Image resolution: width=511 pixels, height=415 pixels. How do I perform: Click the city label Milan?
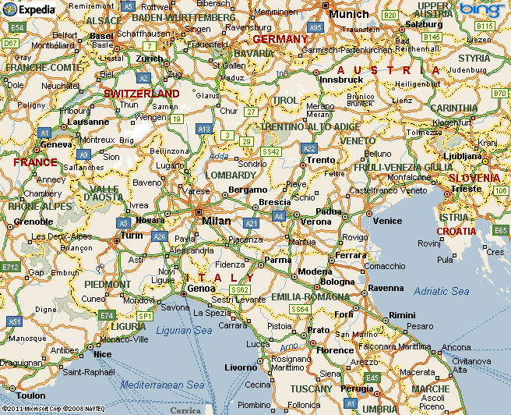tap(217, 221)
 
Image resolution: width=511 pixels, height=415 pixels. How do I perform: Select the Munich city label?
tap(349, 14)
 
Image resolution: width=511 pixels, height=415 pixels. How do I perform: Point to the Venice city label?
tap(387, 221)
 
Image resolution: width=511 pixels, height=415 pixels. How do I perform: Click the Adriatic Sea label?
tap(442, 291)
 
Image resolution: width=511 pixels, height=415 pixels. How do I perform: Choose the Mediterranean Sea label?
tap(162, 385)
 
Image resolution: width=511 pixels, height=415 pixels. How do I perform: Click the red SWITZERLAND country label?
tap(142, 94)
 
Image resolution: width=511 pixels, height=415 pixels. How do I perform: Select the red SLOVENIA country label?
tap(474, 178)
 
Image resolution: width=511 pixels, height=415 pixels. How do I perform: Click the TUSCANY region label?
tap(311, 388)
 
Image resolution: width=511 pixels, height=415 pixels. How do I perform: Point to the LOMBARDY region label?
tap(231, 175)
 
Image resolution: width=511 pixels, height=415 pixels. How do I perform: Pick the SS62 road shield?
tap(239, 289)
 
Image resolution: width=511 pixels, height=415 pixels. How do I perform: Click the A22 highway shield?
tap(309, 148)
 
